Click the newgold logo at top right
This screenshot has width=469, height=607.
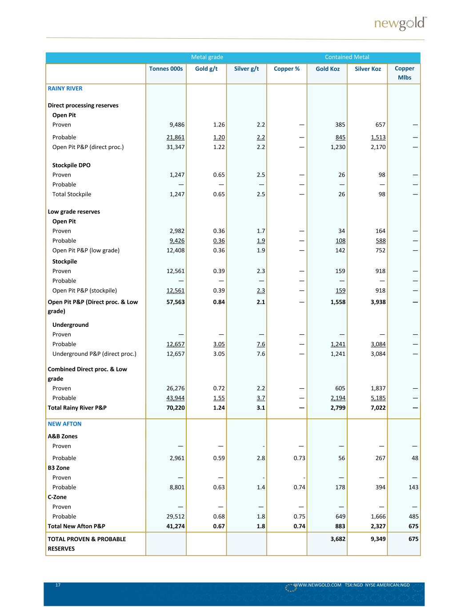click(x=400, y=24)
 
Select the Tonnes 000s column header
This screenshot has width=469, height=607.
click(x=166, y=68)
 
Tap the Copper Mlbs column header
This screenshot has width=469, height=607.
click(x=404, y=73)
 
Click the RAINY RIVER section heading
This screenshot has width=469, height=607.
click(x=65, y=88)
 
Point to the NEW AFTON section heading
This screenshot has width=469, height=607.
click(x=64, y=424)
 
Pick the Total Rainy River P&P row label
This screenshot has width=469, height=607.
click(x=77, y=408)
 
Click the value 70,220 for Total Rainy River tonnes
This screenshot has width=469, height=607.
click(x=175, y=408)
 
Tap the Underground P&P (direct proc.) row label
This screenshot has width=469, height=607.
click(x=94, y=354)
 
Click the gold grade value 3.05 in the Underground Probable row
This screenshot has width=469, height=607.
click(x=219, y=344)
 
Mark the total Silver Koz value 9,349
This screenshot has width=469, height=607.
click(x=378, y=539)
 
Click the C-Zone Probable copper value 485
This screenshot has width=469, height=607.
click(x=413, y=517)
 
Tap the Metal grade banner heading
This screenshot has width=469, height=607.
click(x=207, y=57)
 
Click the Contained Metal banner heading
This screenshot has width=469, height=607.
click(x=347, y=57)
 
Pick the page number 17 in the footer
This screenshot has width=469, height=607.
click(x=58, y=585)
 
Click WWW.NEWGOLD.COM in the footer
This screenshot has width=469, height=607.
click(x=317, y=585)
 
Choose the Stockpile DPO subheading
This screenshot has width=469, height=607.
click(x=71, y=165)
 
